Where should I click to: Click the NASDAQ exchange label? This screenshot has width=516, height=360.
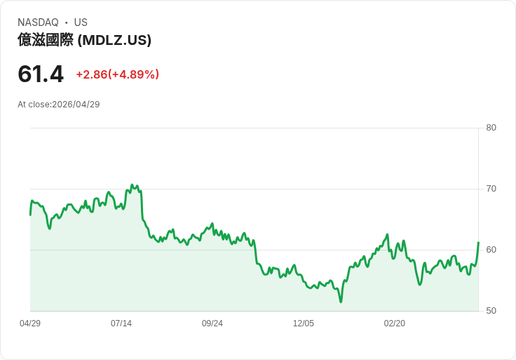click(38, 22)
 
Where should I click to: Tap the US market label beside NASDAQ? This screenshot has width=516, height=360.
click(81, 22)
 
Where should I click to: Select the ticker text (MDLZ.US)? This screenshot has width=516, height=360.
click(114, 40)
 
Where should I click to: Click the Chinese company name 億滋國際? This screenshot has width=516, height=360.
click(46, 40)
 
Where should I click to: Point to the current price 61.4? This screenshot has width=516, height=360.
click(41, 74)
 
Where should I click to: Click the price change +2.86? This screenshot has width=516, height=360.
click(91, 74)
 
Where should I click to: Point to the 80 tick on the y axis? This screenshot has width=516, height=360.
click(491, 128)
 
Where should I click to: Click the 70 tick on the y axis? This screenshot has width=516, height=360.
click(491, 189)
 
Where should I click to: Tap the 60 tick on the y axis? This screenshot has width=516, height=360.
click(491, 250)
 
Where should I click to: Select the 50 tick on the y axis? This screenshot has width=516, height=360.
click(491, 311)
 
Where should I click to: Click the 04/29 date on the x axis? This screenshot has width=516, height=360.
click(30, 324)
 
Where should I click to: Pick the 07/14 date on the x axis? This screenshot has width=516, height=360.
click(121, 324)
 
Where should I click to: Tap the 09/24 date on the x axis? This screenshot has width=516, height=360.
click(212, 324)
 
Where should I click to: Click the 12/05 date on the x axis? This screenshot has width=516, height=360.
click(304, 324)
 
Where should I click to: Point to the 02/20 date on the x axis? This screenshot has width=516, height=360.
click(395, 324)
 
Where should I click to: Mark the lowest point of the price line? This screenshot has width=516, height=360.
click(341, 302)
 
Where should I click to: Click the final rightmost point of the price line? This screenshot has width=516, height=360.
click(478, 243)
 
